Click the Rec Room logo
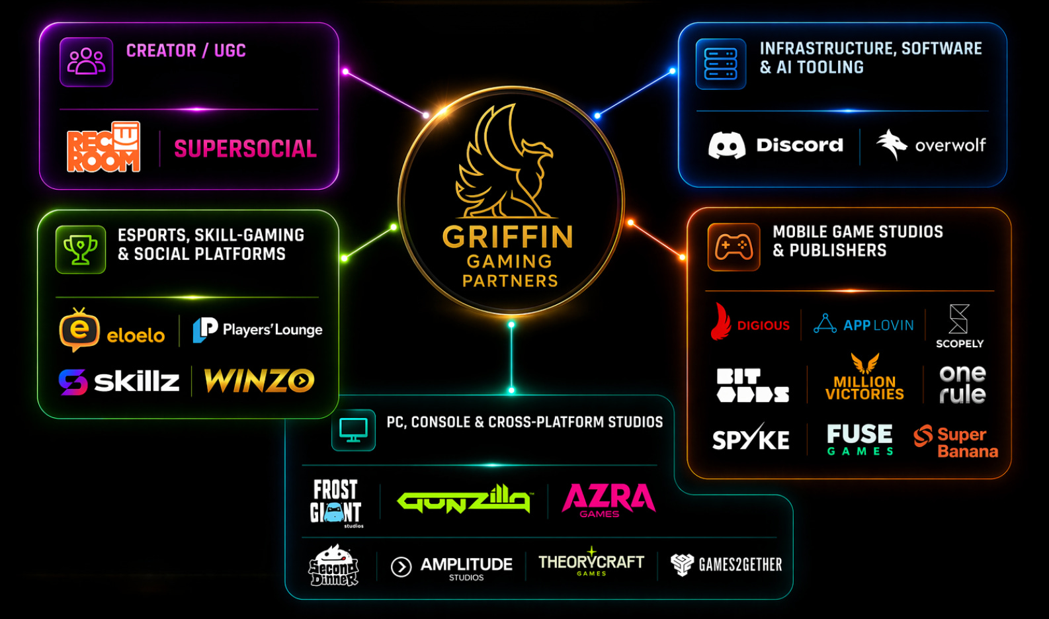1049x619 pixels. [x=103, y=147]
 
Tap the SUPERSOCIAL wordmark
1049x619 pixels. [x=245, y=149]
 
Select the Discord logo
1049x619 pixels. [x=776, y=145]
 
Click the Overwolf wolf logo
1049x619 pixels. [x=931, y=145]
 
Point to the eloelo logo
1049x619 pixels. [x=112, y=330]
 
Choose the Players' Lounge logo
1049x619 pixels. [x=257, y=329]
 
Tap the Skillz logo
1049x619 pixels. [x=119, y=382]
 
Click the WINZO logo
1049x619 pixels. [x=259, y=380]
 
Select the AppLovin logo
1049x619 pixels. [x=864, y=324]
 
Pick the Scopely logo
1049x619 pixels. [x=960, y=326]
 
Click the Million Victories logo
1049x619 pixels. [x=864, y=378]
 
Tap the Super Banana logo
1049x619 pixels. [x=956, y=442]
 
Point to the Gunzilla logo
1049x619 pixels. [x=464, y=499]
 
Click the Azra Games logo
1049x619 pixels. [x=608, y=500]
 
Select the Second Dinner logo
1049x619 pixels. [x=333, y=565]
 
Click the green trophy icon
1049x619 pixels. [x=81, y=249]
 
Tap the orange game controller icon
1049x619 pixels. [x=734, y=247]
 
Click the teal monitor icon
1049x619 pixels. [x=353, y=430]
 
